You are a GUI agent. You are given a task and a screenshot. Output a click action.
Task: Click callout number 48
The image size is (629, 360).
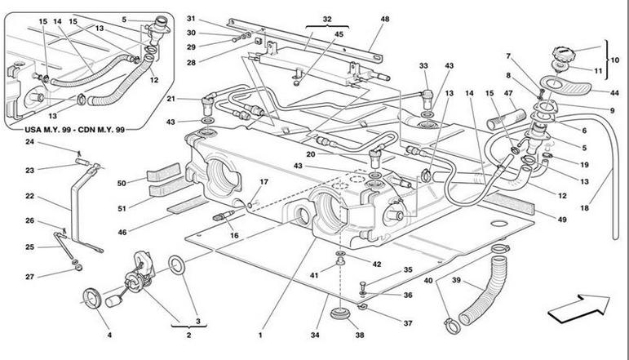384,20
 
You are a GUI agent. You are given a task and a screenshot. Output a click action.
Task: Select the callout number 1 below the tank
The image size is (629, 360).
260,334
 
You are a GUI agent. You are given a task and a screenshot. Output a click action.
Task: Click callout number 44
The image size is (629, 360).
615,92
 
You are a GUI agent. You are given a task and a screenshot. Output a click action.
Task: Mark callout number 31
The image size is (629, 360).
191,20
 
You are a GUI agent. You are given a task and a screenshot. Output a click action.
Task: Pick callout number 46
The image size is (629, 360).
122,233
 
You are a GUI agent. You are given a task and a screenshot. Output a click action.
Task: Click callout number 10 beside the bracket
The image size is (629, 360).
615,60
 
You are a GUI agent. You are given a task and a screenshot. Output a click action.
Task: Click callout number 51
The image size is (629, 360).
122,208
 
